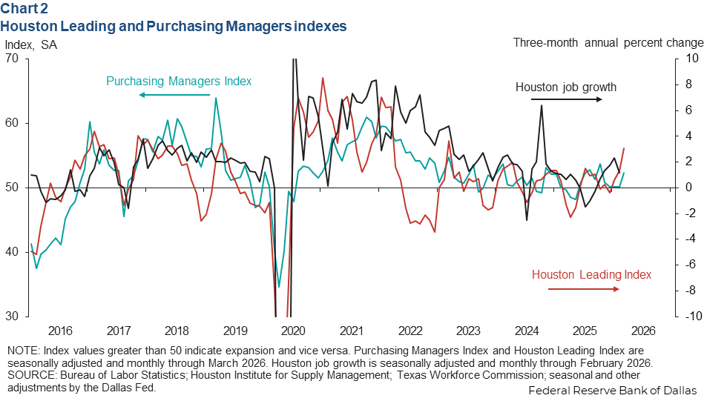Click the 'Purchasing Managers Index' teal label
coord(179,81)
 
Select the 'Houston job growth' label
coord(566,87)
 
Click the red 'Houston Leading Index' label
coord(591,274)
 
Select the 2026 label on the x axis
coord(642,331)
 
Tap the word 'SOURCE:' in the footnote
coord(27,375)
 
